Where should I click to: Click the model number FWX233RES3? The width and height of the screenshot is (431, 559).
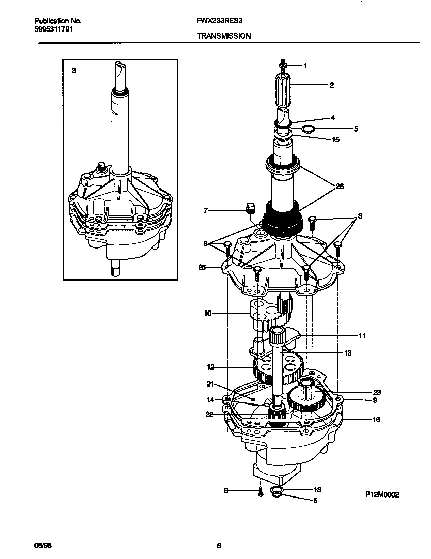[x=216, y=22]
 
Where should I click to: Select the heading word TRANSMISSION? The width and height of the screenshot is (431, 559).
[x=223, y=37]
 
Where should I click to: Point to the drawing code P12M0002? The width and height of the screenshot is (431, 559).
[x=382, y=494]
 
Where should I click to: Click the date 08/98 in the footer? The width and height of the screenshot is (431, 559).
[x=43, y=546]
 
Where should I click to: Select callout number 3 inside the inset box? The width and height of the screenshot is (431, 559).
[x=74, y=71]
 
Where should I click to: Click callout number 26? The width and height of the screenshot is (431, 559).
[x=340, y=187]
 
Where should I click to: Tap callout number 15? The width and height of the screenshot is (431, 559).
[x=335, y=139]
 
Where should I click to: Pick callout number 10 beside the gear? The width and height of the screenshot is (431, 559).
[x=207, y=314]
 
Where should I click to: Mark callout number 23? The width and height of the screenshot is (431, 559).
[x=377, y=392]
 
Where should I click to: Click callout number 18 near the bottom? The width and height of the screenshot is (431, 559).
[x=317, y=490]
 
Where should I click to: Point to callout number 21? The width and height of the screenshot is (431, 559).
[x=210, y=384]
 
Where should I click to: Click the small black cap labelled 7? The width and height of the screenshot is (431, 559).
[x=250, y=208]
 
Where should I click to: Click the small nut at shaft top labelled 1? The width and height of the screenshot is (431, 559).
[x=283, y=65]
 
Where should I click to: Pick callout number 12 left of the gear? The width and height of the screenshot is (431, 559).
[x=210, y=366]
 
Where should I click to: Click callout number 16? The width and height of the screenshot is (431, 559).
[x=376, y=419]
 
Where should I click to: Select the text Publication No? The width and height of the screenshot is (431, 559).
[x=57, y=21]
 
